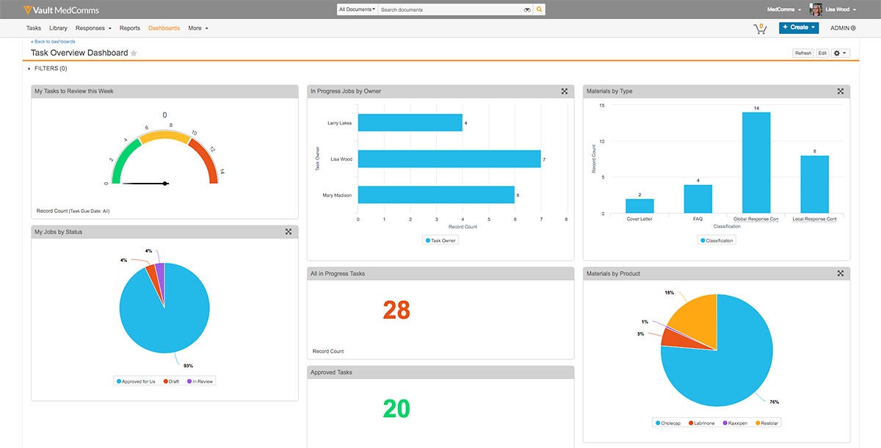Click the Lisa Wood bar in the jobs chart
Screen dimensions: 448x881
(449, 159)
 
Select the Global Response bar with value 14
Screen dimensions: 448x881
(756, 162)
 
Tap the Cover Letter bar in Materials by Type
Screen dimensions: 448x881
(639, 206)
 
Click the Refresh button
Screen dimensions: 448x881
(802, 53)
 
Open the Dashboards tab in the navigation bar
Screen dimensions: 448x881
(164, 28)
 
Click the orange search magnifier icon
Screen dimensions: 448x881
(540, 10)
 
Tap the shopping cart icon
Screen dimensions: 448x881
(760, 28)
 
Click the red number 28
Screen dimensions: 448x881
(396, 311)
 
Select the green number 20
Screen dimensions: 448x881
(396, 409)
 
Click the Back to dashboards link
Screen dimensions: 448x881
(53, 42)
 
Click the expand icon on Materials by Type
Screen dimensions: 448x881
(840, 91)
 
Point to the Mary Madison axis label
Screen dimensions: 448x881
(338, 195)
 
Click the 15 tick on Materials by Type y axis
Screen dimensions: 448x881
(601, 105)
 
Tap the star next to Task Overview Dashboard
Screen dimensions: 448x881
(134, 53)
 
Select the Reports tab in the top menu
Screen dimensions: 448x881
(130, 28)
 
